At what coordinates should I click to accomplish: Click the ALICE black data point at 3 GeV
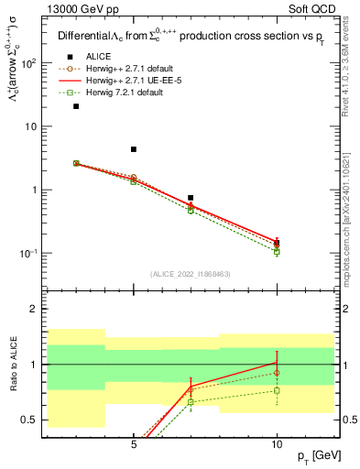pyautogui.click(x=76, y=106)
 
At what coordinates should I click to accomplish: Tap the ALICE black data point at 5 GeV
pyautogui.click(x=134, y=149)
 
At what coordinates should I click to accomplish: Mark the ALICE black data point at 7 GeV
pyautogui.click(x=191, y=198)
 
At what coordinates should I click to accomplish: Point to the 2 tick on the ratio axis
pyautogui.click(x=34, y=309)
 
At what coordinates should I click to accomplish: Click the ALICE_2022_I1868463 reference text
pyautogui.click(x=191, y=274)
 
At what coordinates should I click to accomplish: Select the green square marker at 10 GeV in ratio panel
pyautogui.click(x=277, y=390)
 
